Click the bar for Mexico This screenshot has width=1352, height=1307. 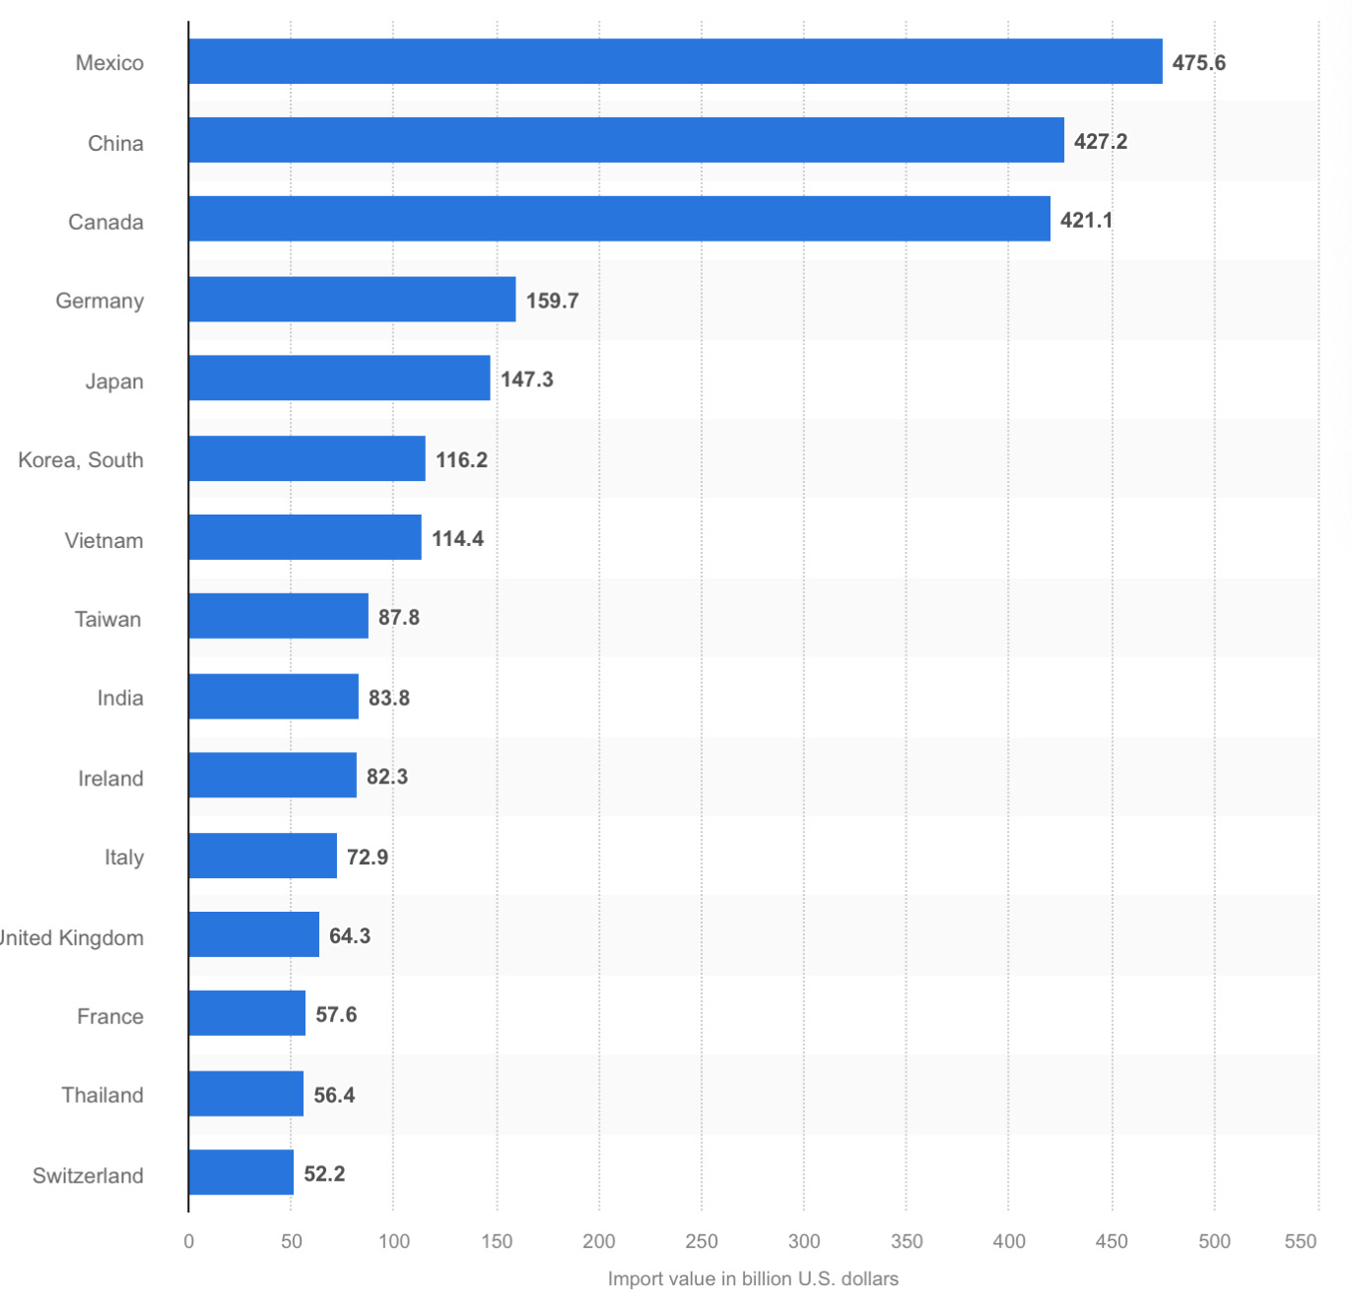point(675,61)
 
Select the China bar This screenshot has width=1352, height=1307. point(626,140)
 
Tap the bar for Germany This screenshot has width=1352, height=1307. point(352,299)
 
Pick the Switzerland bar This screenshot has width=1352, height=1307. point(240,1172)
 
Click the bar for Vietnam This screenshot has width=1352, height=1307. point(304,537)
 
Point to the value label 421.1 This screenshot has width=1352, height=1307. point(1086,220)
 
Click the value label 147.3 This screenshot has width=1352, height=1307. point(526,379)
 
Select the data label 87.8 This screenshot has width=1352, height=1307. point(398,617)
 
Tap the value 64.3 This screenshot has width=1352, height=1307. point(349,935)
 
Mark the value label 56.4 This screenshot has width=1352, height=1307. point(334,1095)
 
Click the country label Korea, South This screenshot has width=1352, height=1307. point(81,460)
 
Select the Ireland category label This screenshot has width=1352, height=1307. point(110,779)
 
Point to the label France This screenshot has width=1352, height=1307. point(110,1016)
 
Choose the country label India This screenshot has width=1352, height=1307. point(120,698)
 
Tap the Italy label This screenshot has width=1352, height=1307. point(124,858)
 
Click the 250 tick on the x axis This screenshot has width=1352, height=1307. point(702,1241)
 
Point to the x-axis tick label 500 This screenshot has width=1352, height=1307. point(1214,1241)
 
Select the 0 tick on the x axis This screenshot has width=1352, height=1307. point(189,1241)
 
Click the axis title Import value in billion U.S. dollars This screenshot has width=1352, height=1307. point(753,1278)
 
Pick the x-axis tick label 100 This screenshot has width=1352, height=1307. point(394,1241)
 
